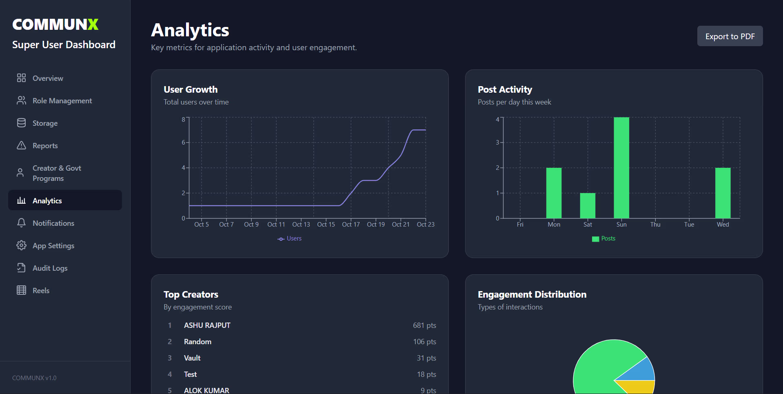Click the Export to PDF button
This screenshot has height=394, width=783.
point(730,36)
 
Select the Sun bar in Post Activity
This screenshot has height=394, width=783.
point(621,167)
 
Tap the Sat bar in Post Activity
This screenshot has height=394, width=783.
point(588,205)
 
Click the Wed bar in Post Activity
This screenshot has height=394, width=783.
point(723,193)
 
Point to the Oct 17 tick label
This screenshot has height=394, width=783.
point(350,225)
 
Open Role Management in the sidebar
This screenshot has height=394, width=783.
point(62,101)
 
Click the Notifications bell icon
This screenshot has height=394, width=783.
point(21,223)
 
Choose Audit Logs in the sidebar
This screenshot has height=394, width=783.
point(50,268)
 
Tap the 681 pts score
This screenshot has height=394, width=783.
point(424,325)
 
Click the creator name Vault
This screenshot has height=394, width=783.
point(192,358)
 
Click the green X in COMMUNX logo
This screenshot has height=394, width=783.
point(93,24)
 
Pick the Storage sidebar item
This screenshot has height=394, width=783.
point(45,123)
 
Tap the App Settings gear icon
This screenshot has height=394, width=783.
point(21,245)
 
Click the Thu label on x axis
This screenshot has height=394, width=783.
point(655,225)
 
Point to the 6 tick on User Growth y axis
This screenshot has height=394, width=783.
point(183,142)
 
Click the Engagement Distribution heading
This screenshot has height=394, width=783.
point(532,294)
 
